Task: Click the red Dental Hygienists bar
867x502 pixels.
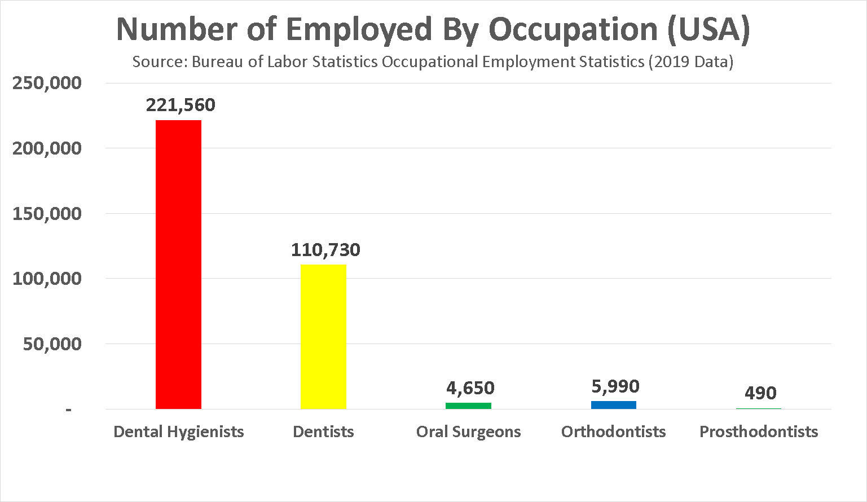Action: click(x=178, y=264)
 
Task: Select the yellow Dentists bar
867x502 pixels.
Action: click(x=323, y=336)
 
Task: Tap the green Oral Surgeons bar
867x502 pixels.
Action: click(x=468, y=406)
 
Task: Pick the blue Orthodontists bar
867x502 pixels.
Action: click(x=613, y=404)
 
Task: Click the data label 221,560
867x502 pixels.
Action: click(x=181, y=105)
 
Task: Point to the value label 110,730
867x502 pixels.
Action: click(x=325, y=250)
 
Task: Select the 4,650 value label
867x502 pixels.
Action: click(x=470, y=388)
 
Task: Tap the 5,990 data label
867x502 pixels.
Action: click(x=615, y=386)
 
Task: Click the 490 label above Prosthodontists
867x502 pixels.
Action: click(x=760, y=393)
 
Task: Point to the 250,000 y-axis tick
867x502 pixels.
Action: click(x=47, y=83)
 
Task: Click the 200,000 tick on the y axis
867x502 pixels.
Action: click(x=47, y=148)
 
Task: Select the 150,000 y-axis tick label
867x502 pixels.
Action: click(x=47, y=214)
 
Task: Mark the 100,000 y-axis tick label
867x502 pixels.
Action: click(x=47, y=279)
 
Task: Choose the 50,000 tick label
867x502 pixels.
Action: click(x=52, y=344)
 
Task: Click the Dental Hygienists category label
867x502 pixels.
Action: click(x=179, y=431)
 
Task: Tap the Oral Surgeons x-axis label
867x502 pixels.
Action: click(x=468, y=431)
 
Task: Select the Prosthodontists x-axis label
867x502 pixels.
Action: click(x=759, y=431)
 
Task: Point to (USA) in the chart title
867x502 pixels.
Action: click(x=709, y=29)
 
